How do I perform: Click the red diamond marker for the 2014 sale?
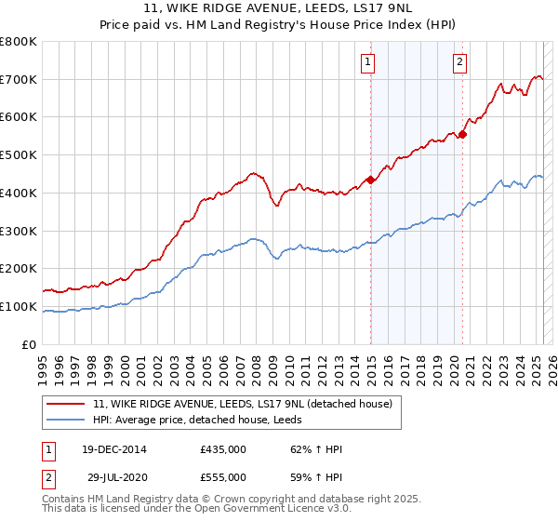click(370, 180)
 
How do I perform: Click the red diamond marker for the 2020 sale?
click(462, 134)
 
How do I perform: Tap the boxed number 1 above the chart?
click(368, 62)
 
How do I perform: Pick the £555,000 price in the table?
click(223, 477)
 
